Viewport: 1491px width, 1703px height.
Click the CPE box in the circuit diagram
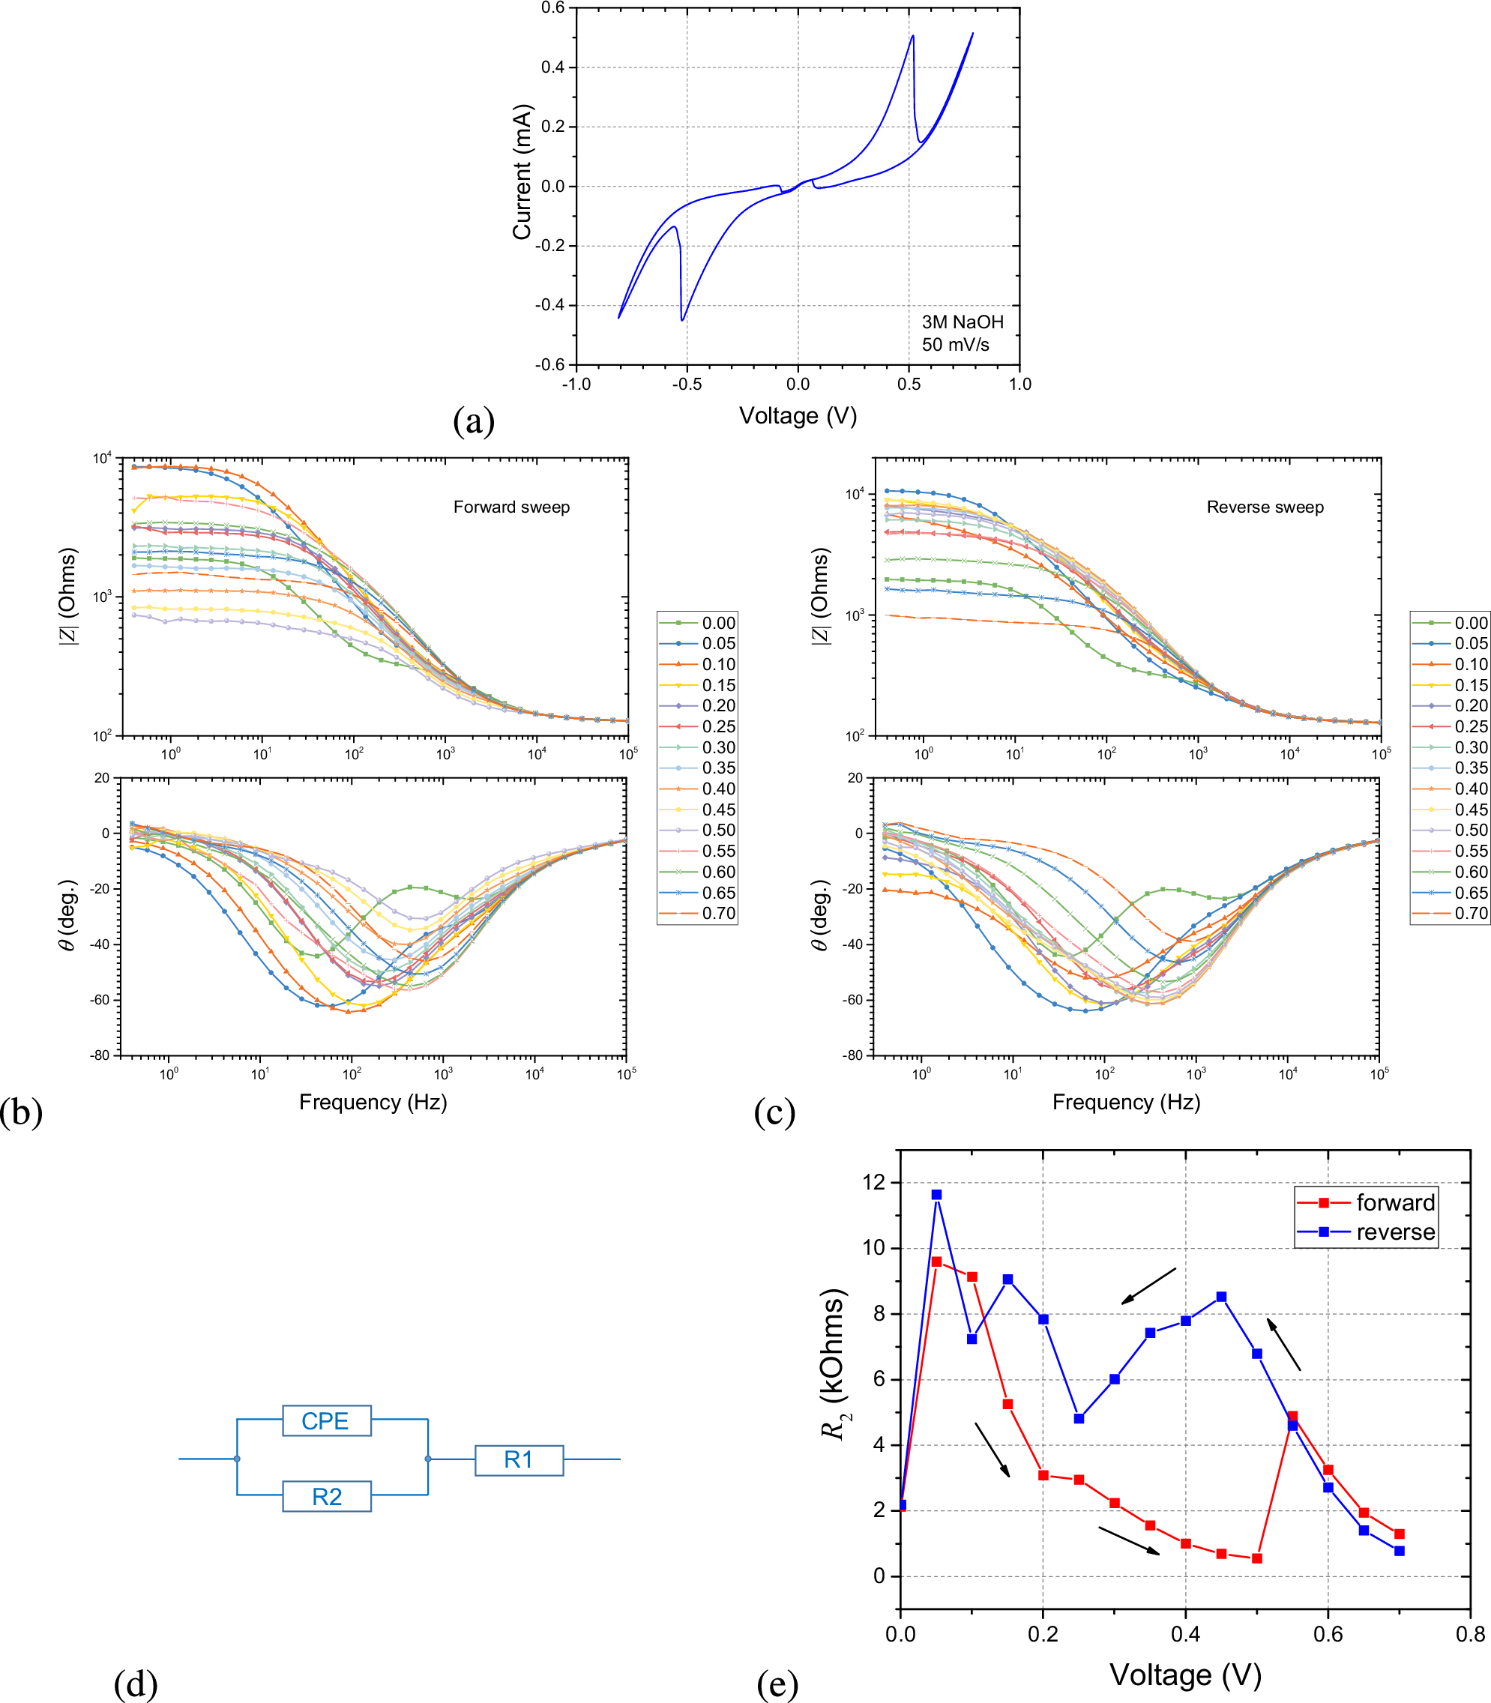pyautogui.click(x=326, y=1421)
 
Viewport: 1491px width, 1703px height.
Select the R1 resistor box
pyautogui.click(x=519, y=1460)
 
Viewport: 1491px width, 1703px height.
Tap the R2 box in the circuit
pyautogui.click(x=326, y=1498)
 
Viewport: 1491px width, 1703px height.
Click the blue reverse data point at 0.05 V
pyautogui.click(x=936, y=1195)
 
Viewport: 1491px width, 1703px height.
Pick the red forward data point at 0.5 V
pyautogui.click(x=1256, y=1558)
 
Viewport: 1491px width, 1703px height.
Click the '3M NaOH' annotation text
pyautogui.click(x=963, y=322)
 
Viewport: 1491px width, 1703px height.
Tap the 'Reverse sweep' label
pyautogui.click(x=1265, y=507)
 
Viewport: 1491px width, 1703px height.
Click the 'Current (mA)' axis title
pyautogui.click(x=522, y=172)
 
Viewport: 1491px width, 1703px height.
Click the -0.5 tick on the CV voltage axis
pyautogui.click(x=687, y=385)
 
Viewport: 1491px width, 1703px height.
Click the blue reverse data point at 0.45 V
pyautogui.click(x=1220, y=1297)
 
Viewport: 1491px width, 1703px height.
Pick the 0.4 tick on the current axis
pyautogui.click(x=552, y=67)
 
